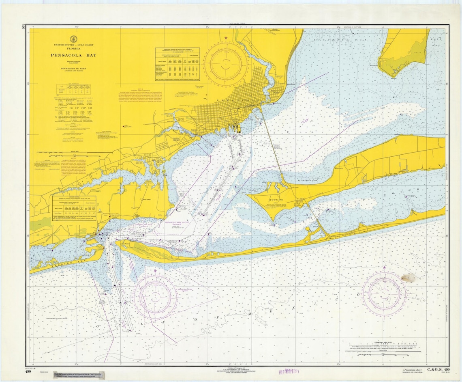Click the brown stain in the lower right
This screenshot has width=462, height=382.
408,278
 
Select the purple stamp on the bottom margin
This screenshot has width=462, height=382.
288,371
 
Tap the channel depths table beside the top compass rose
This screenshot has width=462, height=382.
177,59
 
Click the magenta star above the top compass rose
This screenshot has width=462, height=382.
226,38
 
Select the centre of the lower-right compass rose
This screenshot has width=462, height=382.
384,293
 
